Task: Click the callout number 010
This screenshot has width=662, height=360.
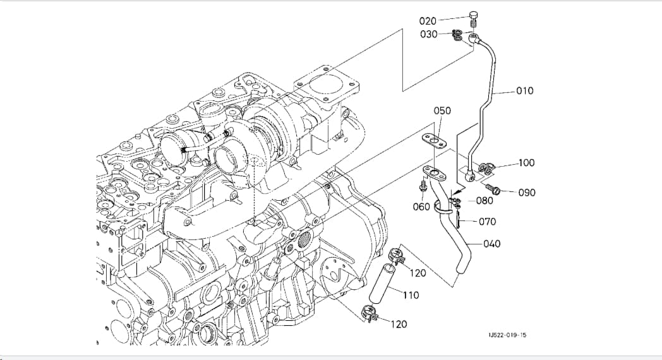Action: (525, 91)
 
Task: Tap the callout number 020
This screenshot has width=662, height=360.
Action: (428, 21)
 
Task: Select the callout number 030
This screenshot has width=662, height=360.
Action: (428, 34)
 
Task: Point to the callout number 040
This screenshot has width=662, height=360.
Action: (492, 244)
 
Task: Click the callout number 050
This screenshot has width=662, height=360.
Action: (442, 111)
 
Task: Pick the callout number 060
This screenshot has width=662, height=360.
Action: (421, 207)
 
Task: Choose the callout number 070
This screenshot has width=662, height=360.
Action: (487, 222)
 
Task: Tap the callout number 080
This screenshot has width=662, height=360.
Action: (484, 200)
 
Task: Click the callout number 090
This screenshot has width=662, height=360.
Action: (526, 193)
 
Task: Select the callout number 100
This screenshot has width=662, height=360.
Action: (526, 162)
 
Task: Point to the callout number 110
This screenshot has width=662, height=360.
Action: (411, 294)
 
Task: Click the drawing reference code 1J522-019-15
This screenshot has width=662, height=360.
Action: (507, 335)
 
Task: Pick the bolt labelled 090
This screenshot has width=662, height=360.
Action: (493, 188)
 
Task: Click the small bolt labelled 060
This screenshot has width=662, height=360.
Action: (422, 186)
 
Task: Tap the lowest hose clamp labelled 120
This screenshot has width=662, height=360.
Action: (368, 315)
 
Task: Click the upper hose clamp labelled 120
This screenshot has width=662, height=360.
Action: (396, 256)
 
